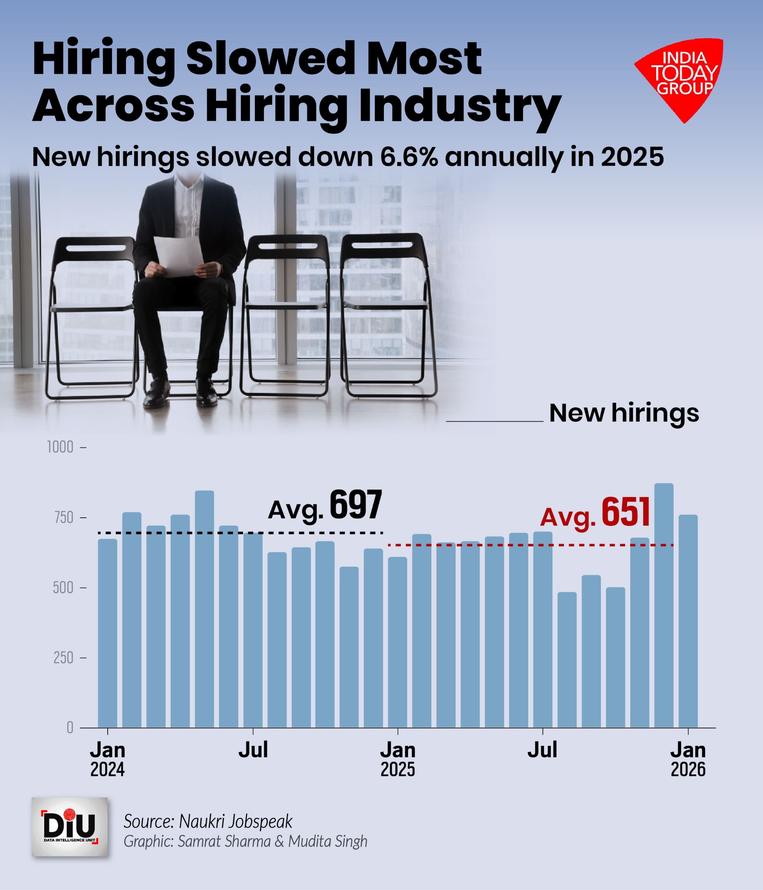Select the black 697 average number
coord(355,505)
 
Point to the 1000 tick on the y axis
coord(60,447)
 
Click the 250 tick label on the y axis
coord(63,658)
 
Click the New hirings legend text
coord(624,413)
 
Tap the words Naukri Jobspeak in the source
coord(235,821)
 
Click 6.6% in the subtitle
coord(409,157)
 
